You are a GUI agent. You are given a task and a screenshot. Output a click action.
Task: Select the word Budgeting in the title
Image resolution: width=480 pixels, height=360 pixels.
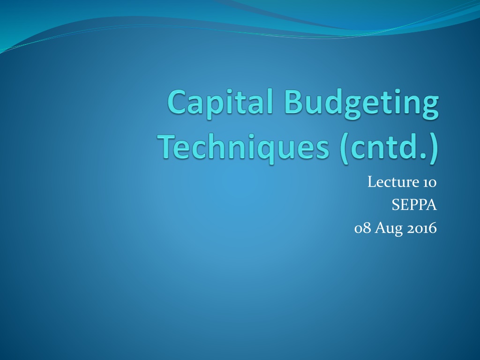pyautogui.click(x=361, y=103)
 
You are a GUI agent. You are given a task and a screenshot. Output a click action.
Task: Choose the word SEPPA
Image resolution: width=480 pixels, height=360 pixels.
pyautogui.click(x=414, y=205)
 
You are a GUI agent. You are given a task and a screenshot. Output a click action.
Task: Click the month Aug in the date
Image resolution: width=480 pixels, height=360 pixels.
pyautogui.click(x=389, y=229)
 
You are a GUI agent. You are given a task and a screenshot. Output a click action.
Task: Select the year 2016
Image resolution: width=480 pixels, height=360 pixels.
pyautogui.click(x=421, y=228)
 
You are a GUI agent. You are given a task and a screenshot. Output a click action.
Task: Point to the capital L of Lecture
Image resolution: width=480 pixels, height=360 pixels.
pyautogui.click(x=371, y=182)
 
